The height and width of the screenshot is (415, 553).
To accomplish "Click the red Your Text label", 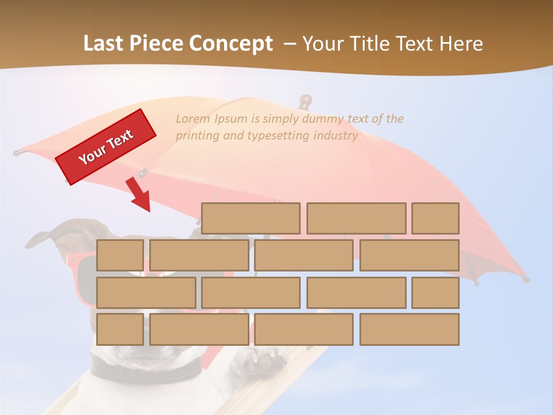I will (x=106, y=146).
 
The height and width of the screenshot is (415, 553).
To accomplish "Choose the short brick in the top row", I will (x=435, y=218).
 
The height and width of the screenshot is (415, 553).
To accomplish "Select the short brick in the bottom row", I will (x=120, y=329).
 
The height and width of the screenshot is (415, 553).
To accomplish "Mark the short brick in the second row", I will (x=120, y=255).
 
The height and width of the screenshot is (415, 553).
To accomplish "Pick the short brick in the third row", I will (x=435, y=292).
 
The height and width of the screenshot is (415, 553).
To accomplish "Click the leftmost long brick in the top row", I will (x=251, y=218).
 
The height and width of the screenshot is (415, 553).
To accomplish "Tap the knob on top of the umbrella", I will (x=305, y=101).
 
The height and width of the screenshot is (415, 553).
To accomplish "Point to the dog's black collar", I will (x=144, y=369).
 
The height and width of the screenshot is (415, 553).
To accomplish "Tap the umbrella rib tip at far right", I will (x=525, y=279).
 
